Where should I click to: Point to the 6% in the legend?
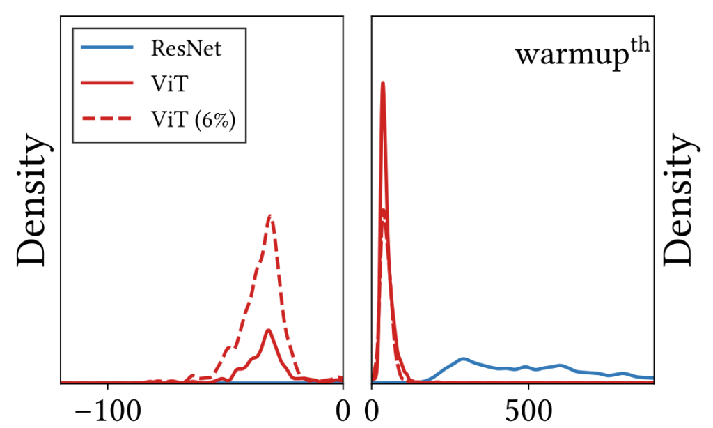pyautogui.click(x=215, y=119)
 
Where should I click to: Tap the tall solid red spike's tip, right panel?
pyautogui.click(x=382, y=83)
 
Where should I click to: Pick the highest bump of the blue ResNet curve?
pyautogui.click(x=463, y=359)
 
